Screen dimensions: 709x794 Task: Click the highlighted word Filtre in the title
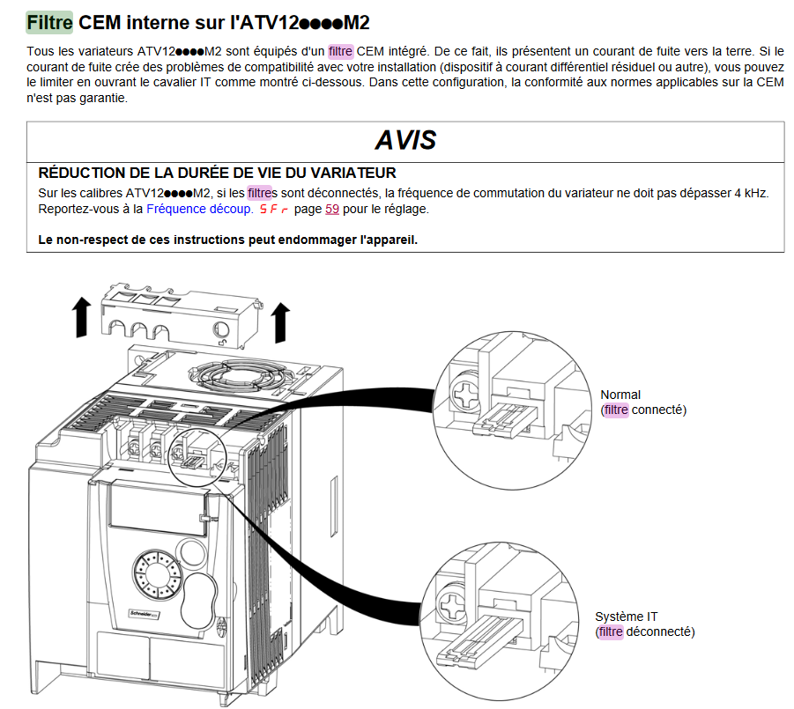click(49, 21)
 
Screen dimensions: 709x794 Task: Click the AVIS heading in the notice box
click(404, 141)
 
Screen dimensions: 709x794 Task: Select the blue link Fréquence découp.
click(198, 210)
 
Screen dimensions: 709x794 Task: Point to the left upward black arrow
click(81, 317)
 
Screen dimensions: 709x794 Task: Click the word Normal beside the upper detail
click(620, 395)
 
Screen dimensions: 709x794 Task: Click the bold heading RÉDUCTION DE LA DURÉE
click(217, 173)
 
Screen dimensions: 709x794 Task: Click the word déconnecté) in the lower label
click(661, 631)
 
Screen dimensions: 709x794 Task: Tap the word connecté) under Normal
click(658, 410)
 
